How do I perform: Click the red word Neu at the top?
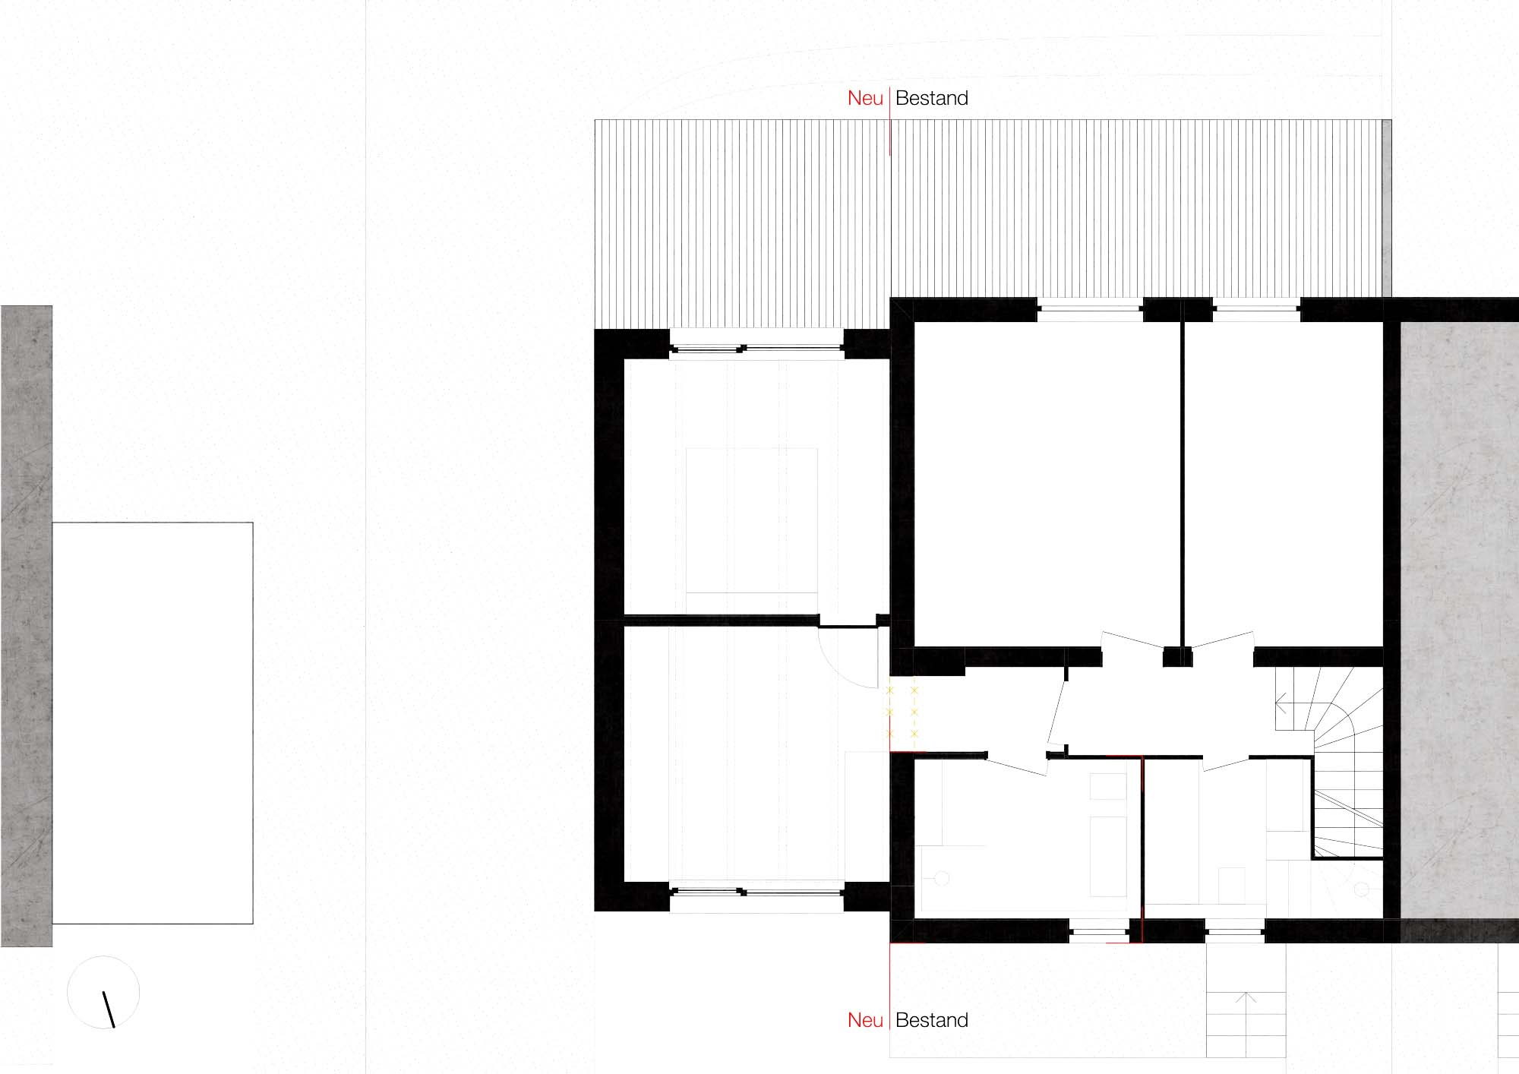tap(865, 98)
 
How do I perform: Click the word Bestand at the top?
tap(932, 98)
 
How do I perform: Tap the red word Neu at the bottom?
tap(865, 1020)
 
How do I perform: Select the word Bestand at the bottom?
tap(932, 1020)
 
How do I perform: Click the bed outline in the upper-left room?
tap(752, 521)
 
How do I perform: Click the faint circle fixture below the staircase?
tap(1361, 889)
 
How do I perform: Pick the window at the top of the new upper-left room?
tap(756, 349)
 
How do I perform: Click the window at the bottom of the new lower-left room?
tap(756, 892)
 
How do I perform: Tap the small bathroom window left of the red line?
tap(1098, 930)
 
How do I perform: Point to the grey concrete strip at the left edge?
tap(27, 626)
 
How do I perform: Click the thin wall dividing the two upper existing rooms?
tap(1183, 484)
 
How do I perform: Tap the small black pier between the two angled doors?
tap(1177, 657)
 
